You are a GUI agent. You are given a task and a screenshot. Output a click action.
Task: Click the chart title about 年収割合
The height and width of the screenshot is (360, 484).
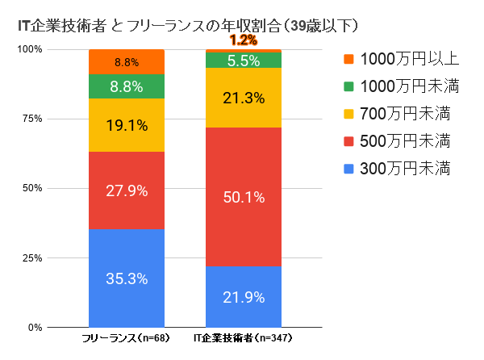(x=187, y=26)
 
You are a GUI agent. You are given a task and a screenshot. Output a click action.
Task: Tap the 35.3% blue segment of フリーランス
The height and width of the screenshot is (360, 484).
(x=127, y=278)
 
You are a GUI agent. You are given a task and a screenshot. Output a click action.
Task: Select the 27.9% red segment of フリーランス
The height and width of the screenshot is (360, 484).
(x=127, y=190)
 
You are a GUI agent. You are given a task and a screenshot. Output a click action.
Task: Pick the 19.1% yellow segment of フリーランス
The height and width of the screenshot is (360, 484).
(x=127, y=125)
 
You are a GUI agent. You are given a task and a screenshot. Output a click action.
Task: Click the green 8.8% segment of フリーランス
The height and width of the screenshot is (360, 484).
(x=127, y=86)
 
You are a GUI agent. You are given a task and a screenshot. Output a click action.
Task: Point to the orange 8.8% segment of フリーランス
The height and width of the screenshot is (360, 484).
(x=127, y=61)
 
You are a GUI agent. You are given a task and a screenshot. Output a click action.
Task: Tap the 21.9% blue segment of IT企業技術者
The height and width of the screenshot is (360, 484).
(x=244, y=296)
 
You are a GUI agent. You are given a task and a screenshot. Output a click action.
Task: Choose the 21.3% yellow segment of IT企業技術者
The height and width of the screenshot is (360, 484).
(x=244, y=98)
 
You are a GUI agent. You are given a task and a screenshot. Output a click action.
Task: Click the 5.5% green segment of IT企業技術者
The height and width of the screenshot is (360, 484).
(x=244, y=61)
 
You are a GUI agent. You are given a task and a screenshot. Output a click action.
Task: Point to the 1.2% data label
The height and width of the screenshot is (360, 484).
(x=243, y=40)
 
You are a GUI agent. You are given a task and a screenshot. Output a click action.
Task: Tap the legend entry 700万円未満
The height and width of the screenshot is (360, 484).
(x=394, y=114)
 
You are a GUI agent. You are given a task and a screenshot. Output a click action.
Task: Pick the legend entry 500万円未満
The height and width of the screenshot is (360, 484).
(x=394, y=141)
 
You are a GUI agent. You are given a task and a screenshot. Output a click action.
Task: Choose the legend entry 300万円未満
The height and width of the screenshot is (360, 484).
(x=394, y=169)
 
